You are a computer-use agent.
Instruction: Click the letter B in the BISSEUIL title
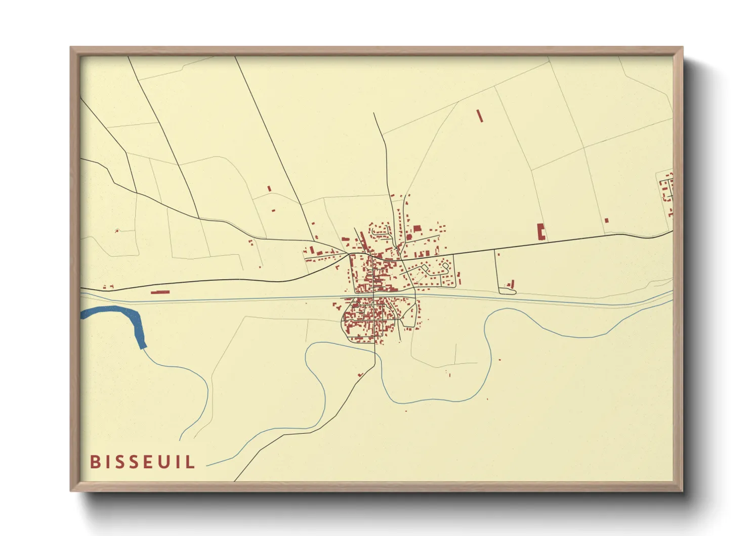tap(95, 462)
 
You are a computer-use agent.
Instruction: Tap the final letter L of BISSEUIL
tap(191, 462)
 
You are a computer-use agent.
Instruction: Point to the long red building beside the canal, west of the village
tap(160, 292)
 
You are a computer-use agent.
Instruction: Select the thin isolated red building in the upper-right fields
tap(480, 116)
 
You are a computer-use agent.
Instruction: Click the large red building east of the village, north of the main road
tap(541, 232)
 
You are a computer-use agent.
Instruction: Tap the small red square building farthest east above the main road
tap(606, 220)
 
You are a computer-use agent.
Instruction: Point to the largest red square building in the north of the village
tap(417, 229)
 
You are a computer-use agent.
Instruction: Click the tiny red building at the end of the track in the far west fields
tap(117, 231)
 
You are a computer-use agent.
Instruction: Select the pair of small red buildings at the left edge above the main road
tap(108, 287)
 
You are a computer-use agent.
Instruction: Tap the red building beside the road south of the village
tap(360, 375)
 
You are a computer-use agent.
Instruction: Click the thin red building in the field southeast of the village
tap(449, 374)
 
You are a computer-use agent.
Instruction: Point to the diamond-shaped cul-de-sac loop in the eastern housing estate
tap(445, 265)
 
